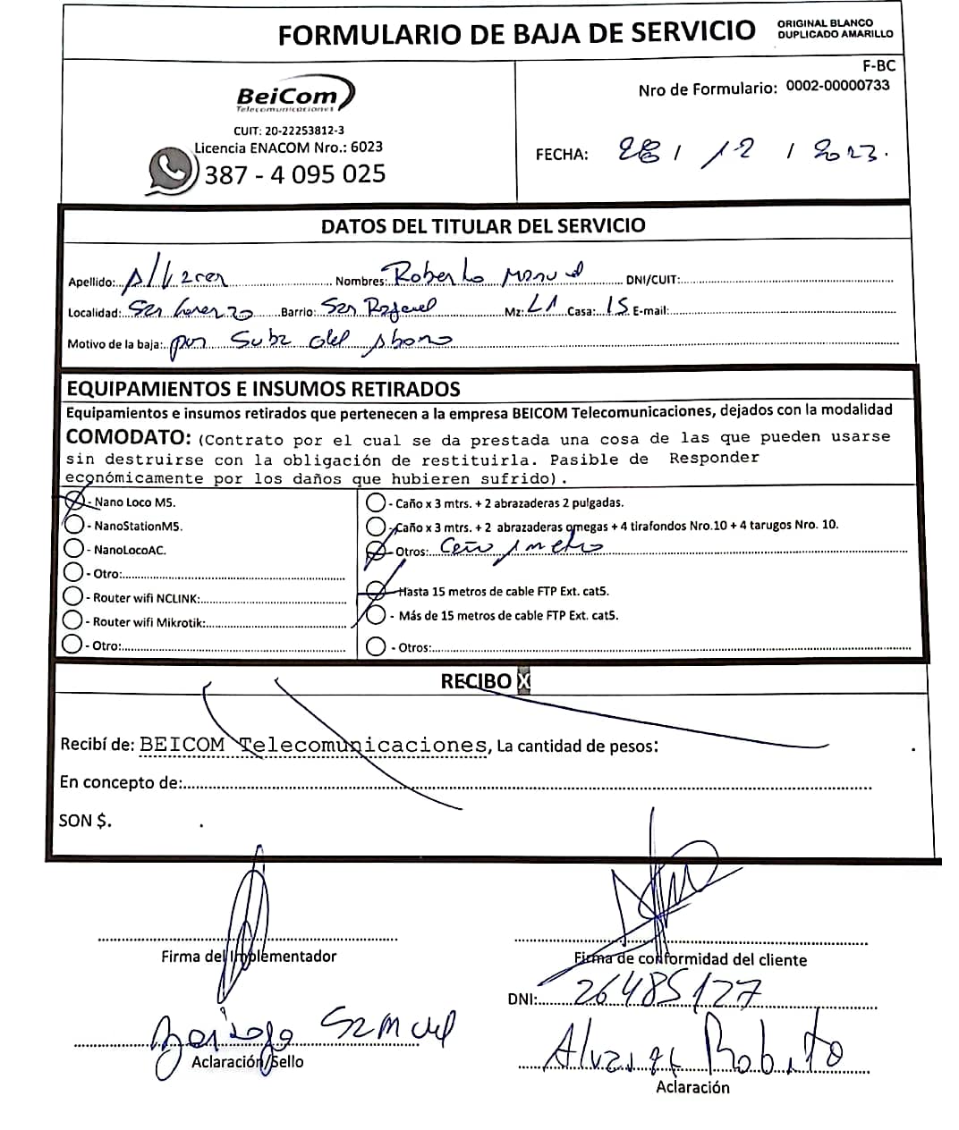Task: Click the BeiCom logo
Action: (x=294, y=94)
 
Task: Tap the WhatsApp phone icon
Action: (x=172, y=169)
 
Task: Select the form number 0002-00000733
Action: (x=837, y=86)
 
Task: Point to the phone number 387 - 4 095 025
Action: (x=294, y=173)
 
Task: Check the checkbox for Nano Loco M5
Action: (x=74, y=502)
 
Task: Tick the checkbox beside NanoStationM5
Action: (x=73, y=525)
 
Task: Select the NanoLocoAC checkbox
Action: (x=73, y=549)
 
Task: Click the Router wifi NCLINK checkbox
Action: (x=73, y=596)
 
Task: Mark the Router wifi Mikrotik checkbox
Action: (x=73, y=620)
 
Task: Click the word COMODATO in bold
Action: (x=128, y=437)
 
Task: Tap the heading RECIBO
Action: (x=476, y=681)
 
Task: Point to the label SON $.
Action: (x=86, y=820)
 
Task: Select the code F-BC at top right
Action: (x=878, y=65)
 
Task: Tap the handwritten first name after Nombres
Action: (x=435, y=275)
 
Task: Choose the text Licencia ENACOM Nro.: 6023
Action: (x=288, y=147)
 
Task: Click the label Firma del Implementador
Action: (x=249, y=957)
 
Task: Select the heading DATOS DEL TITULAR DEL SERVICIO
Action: (x=483, y=225)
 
